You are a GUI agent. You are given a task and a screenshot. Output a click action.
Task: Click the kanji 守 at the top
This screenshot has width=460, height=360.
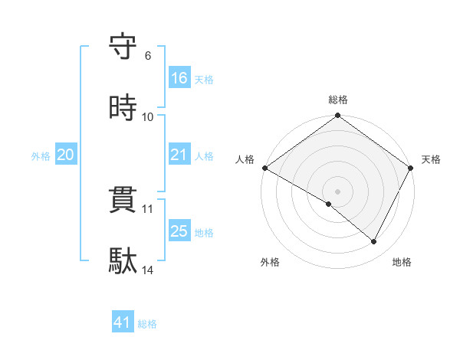point(123,47)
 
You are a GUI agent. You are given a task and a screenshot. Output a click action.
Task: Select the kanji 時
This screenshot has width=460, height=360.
point(123,108)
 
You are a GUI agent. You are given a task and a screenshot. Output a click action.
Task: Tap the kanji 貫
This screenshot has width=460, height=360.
point(123,201)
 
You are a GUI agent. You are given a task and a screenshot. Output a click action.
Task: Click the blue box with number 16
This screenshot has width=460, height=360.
point(179,78)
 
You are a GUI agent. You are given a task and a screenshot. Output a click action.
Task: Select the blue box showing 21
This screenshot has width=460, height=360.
point(179,155)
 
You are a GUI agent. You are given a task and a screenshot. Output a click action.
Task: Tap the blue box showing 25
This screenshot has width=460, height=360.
point(179,231)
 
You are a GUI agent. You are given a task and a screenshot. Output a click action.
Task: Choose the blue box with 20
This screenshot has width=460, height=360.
point(66,155)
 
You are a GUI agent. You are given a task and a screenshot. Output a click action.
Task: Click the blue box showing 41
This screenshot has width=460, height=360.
point(123,323)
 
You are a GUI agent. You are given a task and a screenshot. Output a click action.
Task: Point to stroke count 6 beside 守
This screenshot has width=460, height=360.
point(148,56)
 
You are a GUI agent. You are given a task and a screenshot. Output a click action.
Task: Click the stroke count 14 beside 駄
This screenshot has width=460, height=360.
point(148,270)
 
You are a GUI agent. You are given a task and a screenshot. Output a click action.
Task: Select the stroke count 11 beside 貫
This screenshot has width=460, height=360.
point(148,209)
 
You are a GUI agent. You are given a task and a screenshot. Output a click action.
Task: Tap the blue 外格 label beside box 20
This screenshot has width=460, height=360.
point(41,156)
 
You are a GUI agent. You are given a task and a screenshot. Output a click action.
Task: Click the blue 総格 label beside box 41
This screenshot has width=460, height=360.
point(147,324)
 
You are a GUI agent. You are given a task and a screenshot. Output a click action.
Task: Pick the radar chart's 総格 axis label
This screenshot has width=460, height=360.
point(338,100)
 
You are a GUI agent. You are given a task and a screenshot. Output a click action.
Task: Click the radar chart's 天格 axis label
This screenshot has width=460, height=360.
point(431,159)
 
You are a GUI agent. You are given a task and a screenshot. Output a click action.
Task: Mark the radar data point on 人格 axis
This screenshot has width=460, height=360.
point(264,168)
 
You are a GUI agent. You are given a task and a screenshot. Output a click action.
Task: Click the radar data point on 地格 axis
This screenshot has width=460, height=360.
point(374,242)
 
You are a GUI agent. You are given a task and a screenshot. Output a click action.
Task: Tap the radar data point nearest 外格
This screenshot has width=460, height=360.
point(329,204)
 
